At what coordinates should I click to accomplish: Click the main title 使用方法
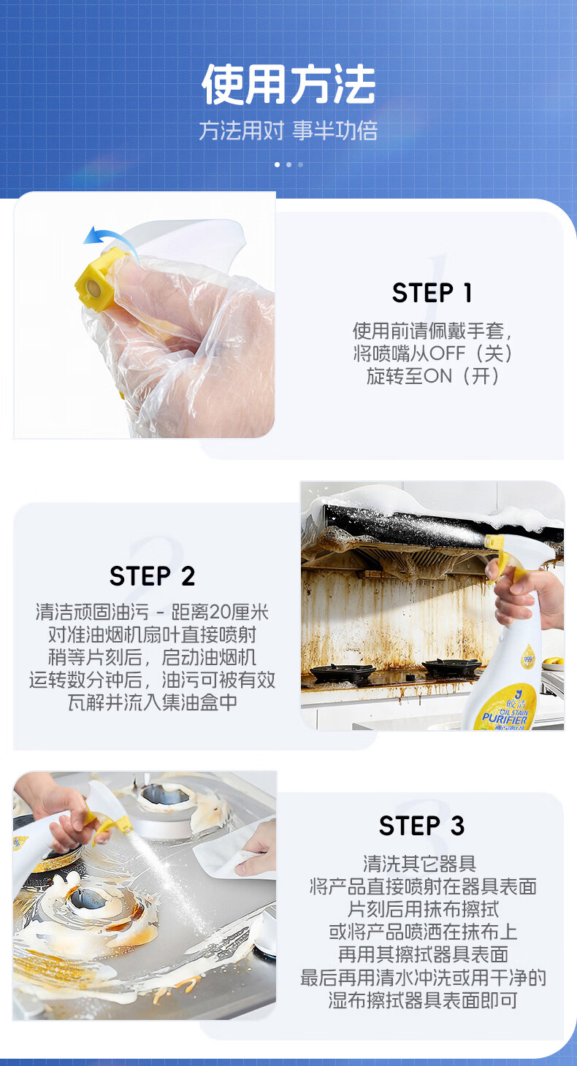288,84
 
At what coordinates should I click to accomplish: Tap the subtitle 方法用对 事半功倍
288,131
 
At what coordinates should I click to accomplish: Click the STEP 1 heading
432,292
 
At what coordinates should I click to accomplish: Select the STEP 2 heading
153,576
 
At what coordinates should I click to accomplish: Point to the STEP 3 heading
421,826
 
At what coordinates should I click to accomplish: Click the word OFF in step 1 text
447,353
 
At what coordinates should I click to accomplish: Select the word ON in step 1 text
437,377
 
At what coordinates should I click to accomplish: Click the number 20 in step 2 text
220,612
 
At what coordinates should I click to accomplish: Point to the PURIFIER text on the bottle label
504,718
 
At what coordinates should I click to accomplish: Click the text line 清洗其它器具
419,863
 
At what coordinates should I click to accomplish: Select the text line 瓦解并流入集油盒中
153,702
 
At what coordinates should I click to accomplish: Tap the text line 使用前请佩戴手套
427,331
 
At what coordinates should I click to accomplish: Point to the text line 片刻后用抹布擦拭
423,909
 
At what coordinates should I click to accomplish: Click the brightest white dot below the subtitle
277,165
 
